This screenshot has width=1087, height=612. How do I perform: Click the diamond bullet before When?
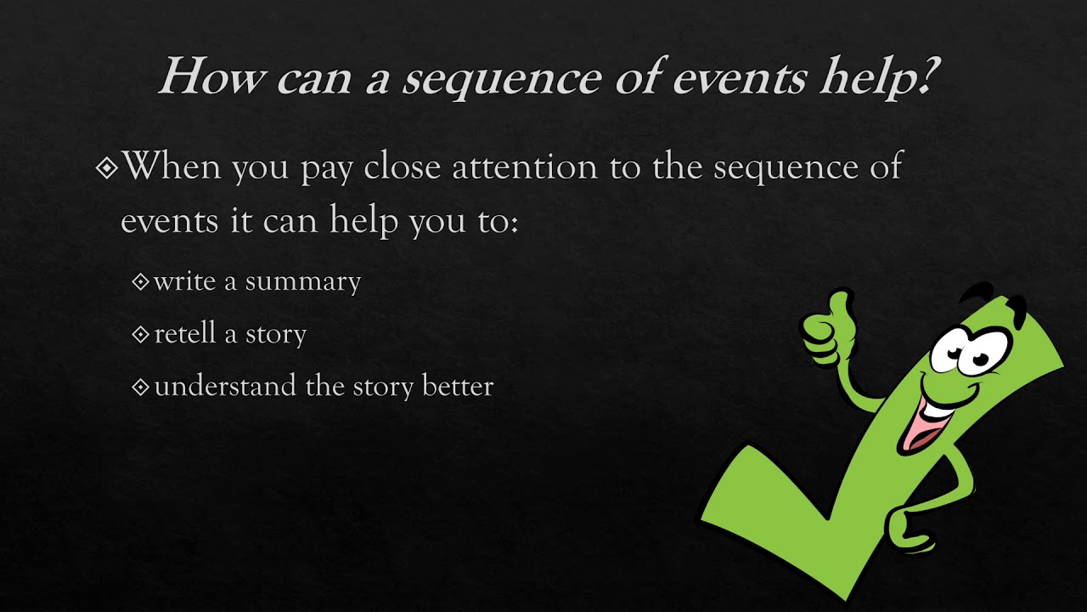tap(107, 168)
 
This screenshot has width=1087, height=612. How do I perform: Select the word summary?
tap(303, 281)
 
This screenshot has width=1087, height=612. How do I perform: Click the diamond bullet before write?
tap(141, 282)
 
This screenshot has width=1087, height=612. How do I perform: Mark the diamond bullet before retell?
tap(141, 335)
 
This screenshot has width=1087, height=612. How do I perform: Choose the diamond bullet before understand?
tap(141, 388)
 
